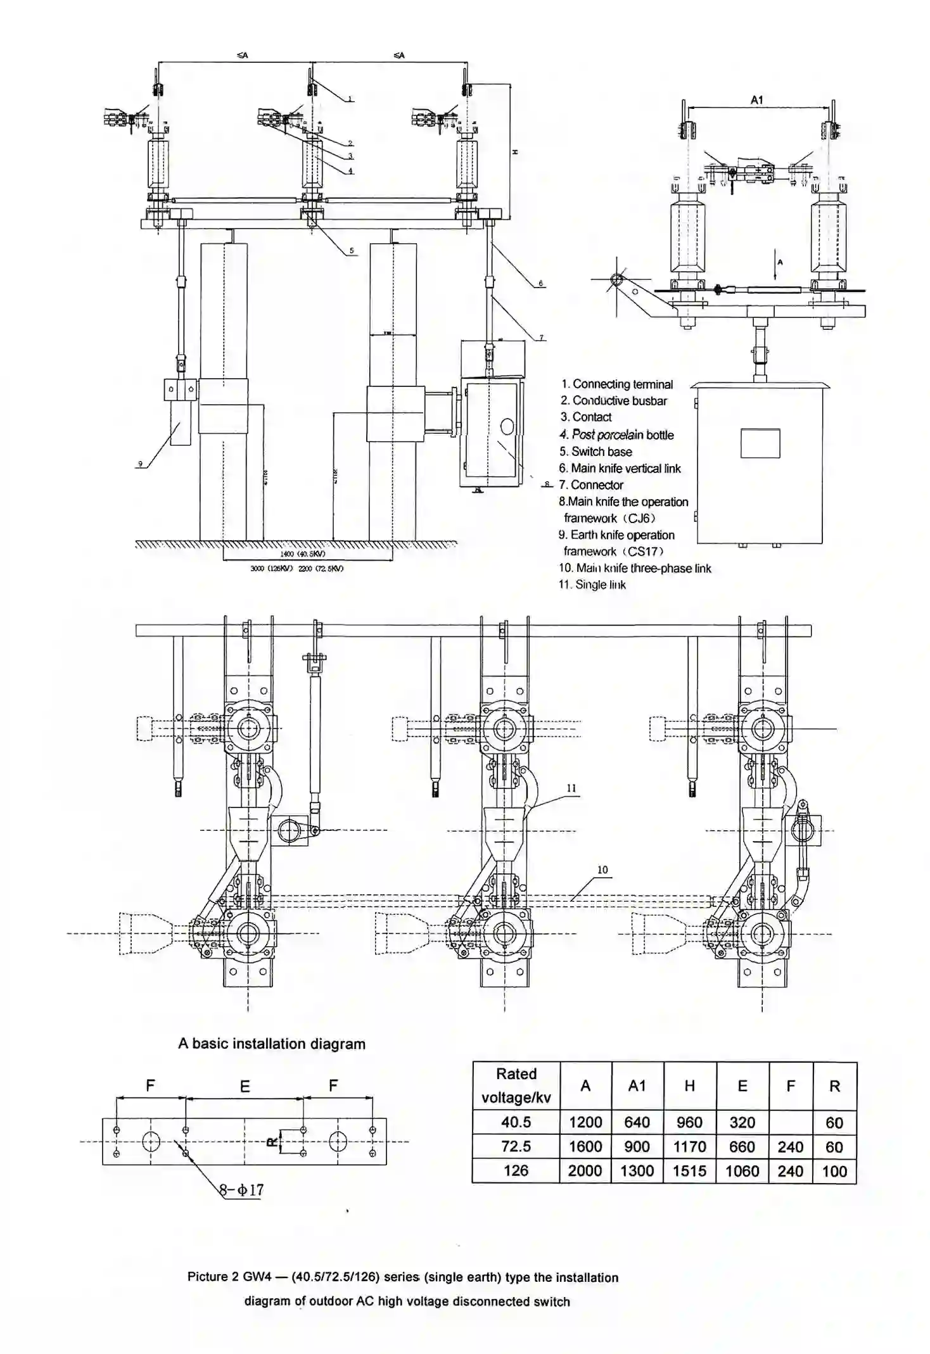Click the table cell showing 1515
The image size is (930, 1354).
coord(689,1171)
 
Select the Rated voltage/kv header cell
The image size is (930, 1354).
coord(516,1085)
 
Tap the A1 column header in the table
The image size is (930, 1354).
coord(637,1085)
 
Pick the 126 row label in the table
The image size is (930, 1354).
coord(516,1170)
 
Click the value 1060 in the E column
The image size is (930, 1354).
coord(742,1171)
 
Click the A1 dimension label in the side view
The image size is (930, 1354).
coord(757,99)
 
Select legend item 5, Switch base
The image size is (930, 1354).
coord(596,452)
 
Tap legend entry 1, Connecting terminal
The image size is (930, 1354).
coord(616,384)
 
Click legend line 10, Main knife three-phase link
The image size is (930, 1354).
coord(635,568)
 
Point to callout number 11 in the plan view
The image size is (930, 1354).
coord(571,788)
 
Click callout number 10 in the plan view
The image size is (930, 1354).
coord(602,870)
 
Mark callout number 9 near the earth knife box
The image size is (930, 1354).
coord(140,464)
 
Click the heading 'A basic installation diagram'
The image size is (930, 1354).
coord(272,1044)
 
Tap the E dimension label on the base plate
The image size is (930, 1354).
coord(245,1087)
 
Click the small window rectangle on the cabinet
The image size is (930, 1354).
coord(760,443)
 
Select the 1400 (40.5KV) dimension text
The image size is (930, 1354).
coord(303,554)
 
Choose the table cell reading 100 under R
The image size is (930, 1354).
coord(834,1171)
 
